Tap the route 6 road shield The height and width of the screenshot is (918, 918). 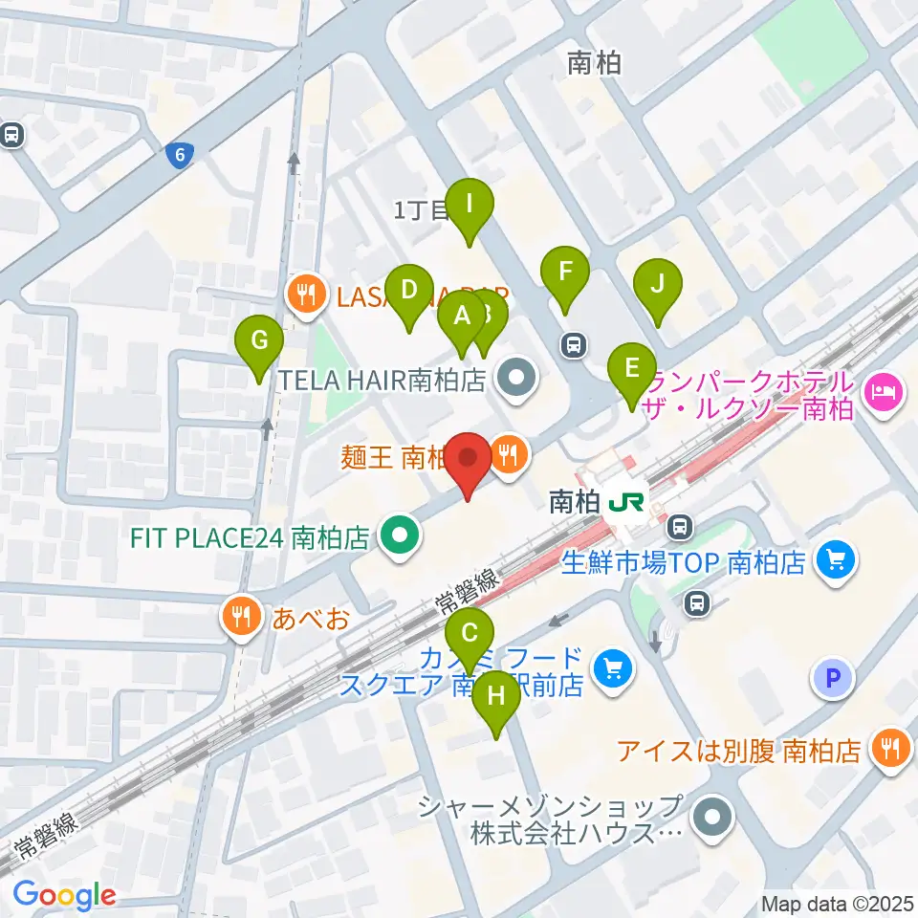[x=178, y=156]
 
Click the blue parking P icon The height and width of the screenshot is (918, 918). [x=832, y=679]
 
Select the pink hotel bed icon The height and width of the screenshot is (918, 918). [x=882, y=389]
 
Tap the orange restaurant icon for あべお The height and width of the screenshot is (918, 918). [x=239, y=615]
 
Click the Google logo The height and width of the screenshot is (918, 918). [x=64, y=895]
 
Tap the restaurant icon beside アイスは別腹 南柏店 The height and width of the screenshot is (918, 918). [x=891, y=749]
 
